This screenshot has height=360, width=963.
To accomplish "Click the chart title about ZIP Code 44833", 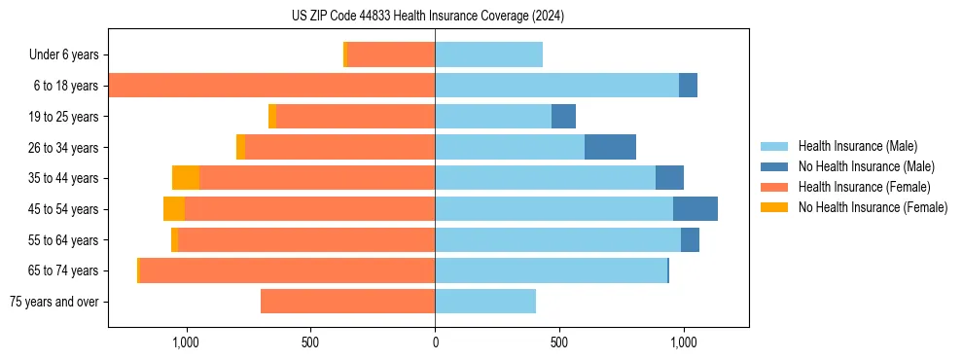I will pos(428,16).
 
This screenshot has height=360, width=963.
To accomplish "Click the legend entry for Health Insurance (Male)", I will pos(857,146).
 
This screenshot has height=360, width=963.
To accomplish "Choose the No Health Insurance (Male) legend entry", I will pos(866,166).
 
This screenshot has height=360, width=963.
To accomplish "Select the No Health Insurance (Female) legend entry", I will pos(873,207).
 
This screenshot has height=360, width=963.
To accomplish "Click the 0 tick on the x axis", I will pos(435,342).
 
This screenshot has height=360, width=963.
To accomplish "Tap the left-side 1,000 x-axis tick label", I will pos(186,342).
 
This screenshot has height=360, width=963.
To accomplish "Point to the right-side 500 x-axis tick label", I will pos(558,342).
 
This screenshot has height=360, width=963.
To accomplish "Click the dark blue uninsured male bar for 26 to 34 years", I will pos(610,147).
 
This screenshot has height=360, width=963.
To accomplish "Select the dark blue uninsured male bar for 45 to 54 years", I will pos(695,209).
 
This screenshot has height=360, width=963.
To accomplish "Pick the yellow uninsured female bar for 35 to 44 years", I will pos(186,178).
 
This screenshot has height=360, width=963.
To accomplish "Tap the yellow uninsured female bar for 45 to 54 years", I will pos(174,209).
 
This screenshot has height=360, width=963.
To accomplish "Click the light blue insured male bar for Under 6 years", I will pos(488,55).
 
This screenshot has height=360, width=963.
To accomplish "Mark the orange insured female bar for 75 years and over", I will pos(347,302).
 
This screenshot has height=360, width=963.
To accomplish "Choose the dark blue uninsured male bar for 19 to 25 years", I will pos(563,117).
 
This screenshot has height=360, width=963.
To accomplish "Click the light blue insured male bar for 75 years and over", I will pos(485,302).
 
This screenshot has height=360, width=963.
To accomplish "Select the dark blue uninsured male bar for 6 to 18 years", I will pos(688,86).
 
